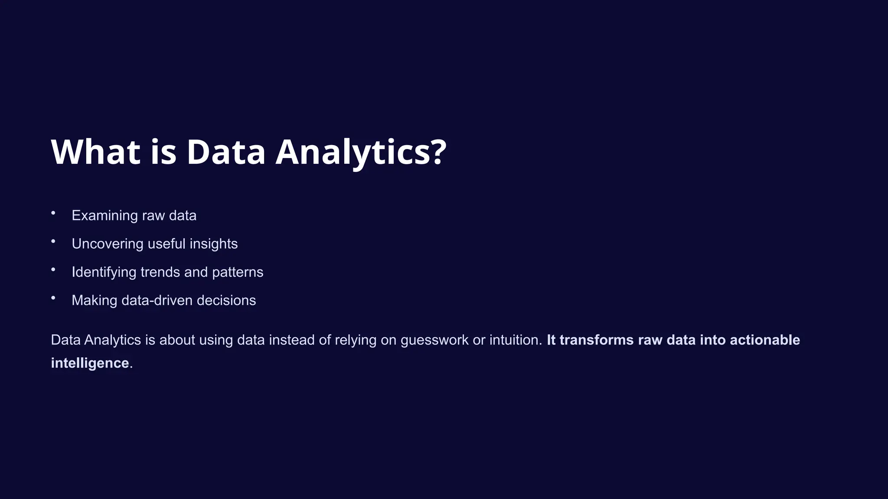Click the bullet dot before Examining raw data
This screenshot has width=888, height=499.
click(x=53, y=213)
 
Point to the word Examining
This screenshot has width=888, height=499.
click(x=104, y=215)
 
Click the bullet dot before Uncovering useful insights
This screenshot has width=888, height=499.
click(x=53, y=241)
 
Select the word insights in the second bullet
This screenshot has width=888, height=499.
click(x=213, y=244)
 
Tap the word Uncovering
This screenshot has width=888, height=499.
click(x=108, y=244)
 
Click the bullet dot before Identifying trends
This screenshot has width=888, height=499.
click(x=53, y=269)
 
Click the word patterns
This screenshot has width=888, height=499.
click(x=238, y=272)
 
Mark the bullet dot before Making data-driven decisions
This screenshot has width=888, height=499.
click(x=53, y=298)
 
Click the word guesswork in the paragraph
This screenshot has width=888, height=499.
click(x=434, y=340)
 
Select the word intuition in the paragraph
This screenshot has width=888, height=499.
click(x=516, y=340)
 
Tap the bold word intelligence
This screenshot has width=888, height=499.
click(x=90, y=363)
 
